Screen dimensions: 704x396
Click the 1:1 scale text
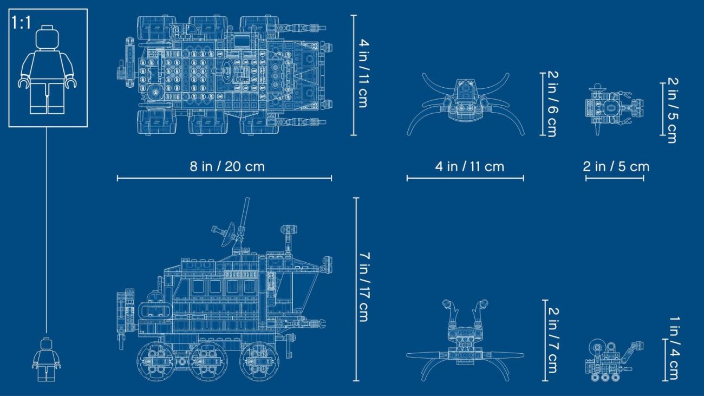click(21, 23)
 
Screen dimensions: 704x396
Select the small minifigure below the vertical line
click(46, 360)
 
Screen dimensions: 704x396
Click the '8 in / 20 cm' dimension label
click(227, 166)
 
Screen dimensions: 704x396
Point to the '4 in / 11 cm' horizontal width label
click(470, 166)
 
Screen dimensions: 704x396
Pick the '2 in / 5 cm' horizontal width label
click(616, 166)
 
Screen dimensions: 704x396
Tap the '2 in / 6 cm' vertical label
click(552, 104)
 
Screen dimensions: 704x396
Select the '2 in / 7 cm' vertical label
click(553, 340)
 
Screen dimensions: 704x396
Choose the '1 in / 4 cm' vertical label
click(674, 348)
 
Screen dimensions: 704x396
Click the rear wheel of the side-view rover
click(156, 361)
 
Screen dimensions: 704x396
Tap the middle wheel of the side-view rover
click(208, 361)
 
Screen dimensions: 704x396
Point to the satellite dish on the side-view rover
click(226, 235)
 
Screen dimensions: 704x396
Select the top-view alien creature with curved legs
click(466, 103)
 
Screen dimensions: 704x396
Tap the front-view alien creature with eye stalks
click(465, 341)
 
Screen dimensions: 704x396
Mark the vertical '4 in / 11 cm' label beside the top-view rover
click(363, 74)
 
